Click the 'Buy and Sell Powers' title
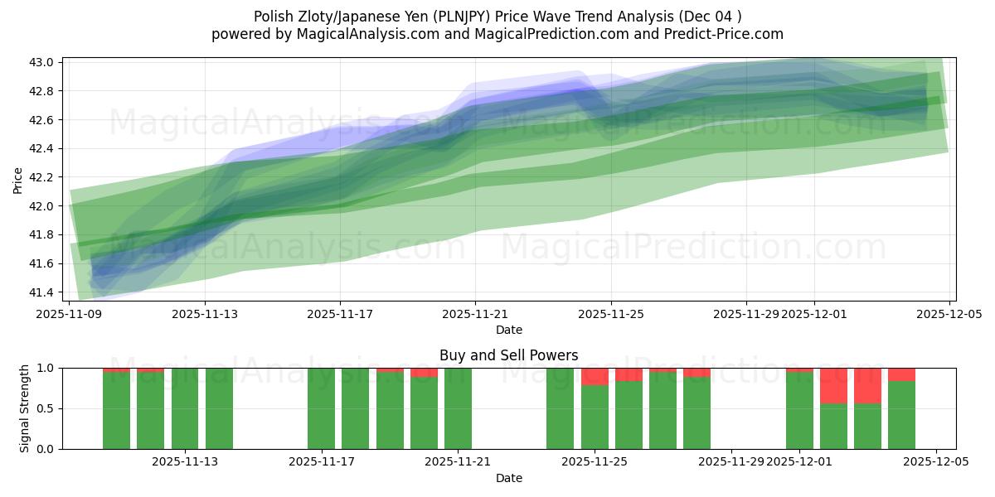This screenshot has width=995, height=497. (508, 355)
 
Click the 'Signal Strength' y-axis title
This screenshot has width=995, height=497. (25, 408)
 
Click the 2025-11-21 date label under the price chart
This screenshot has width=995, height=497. (475, 315)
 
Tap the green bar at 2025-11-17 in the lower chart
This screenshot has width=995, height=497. (321, 408)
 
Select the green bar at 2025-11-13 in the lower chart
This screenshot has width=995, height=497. (219, 408)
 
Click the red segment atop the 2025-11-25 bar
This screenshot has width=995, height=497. (595, 376)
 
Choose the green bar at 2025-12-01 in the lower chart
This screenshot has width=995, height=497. (799, 410)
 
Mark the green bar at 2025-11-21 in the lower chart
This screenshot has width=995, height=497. (458, 408)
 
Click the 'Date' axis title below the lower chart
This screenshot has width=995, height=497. (508, 478)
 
